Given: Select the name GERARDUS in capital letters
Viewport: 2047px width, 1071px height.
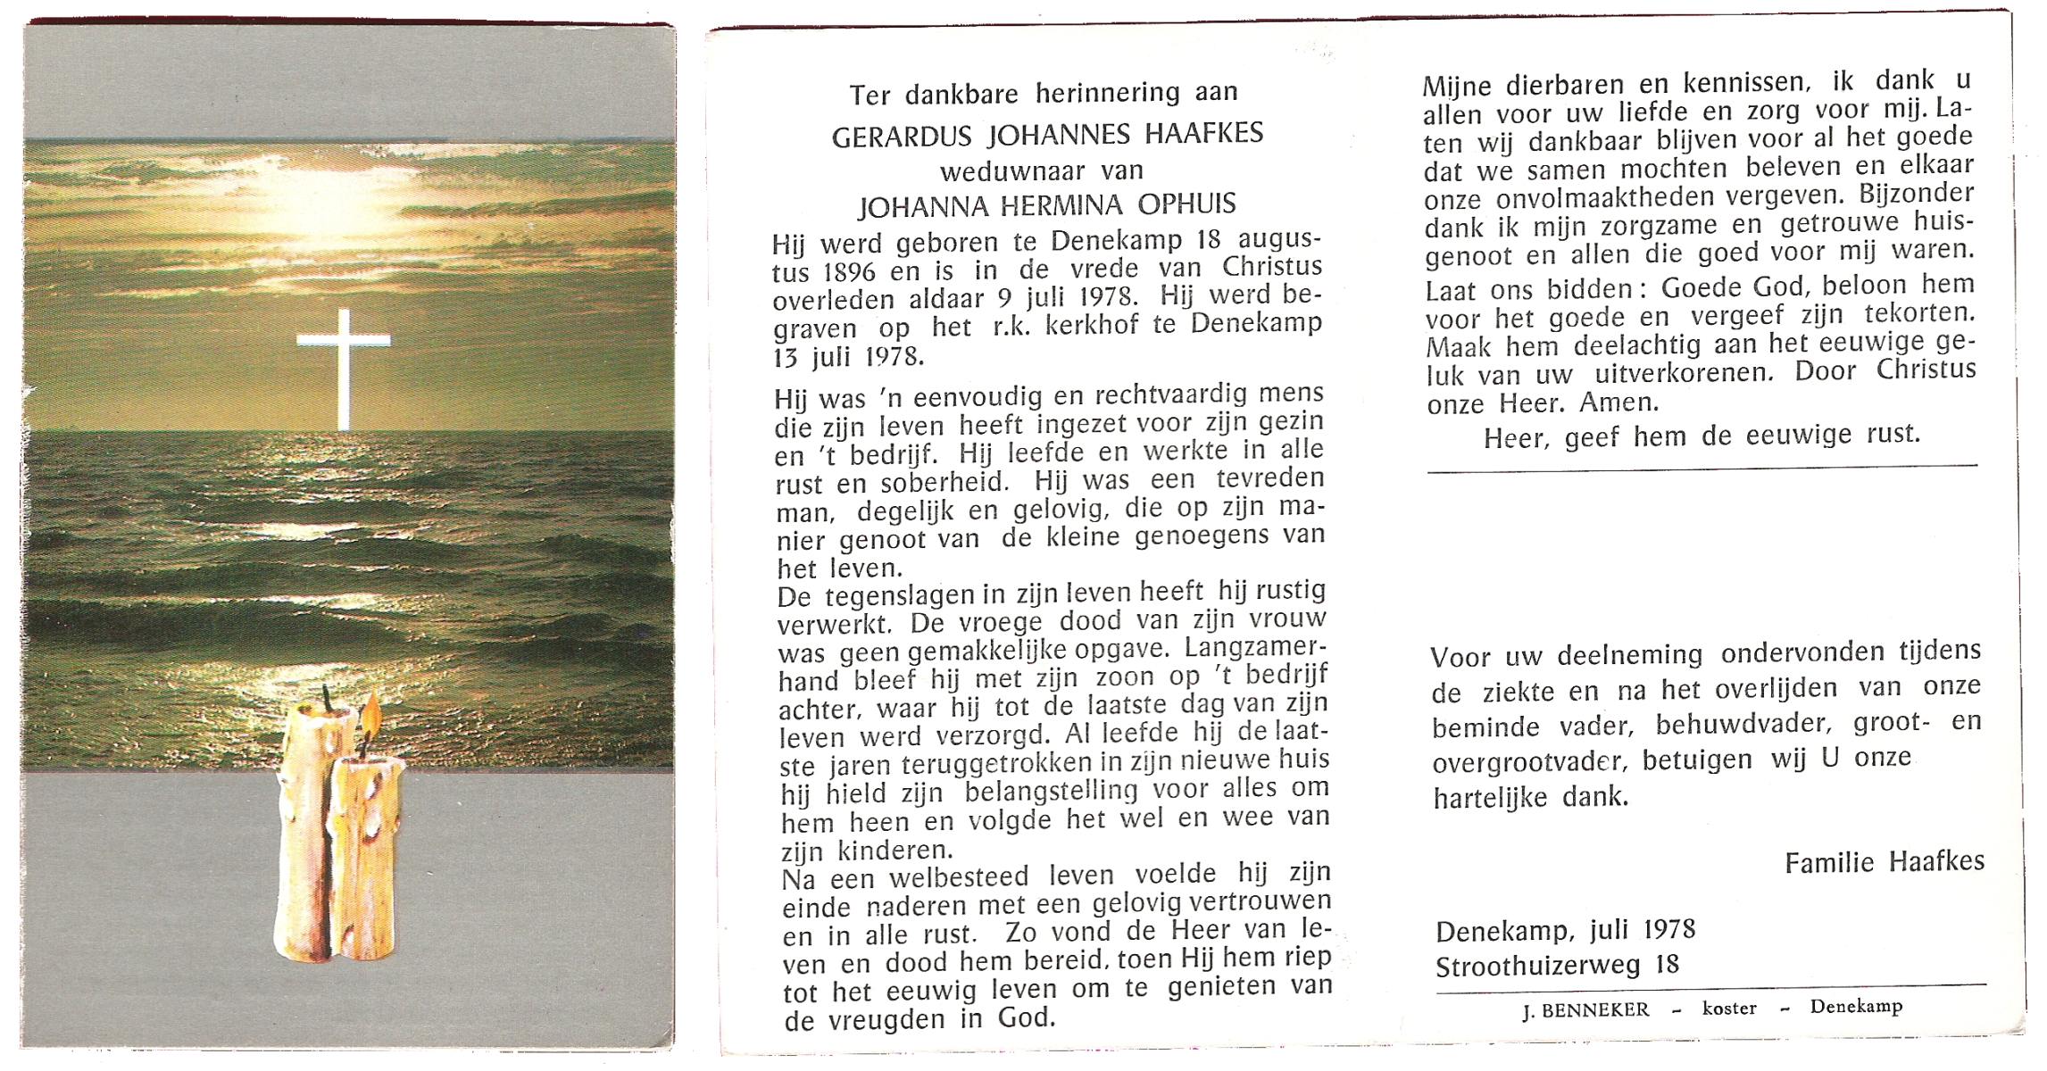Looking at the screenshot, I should click(x=905, y=137).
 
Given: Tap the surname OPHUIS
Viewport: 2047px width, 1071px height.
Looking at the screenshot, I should click(x=1186, y=204).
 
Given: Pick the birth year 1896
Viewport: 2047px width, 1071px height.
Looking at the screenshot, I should click(x=841, y=272).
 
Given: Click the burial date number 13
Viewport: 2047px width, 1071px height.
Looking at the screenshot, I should click(x=786, y=358).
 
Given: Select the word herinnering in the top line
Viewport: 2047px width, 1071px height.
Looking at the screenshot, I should click(x=1110, y=92).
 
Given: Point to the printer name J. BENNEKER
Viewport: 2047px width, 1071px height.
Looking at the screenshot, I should click(x=1585, y=1010).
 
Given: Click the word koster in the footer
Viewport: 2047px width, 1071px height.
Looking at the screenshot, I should click(x=1729, y=1009).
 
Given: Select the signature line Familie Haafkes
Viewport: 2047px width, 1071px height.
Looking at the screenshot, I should click(x=1885, y=861).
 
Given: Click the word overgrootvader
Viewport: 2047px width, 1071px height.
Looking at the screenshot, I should click(x=1529, y=761).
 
